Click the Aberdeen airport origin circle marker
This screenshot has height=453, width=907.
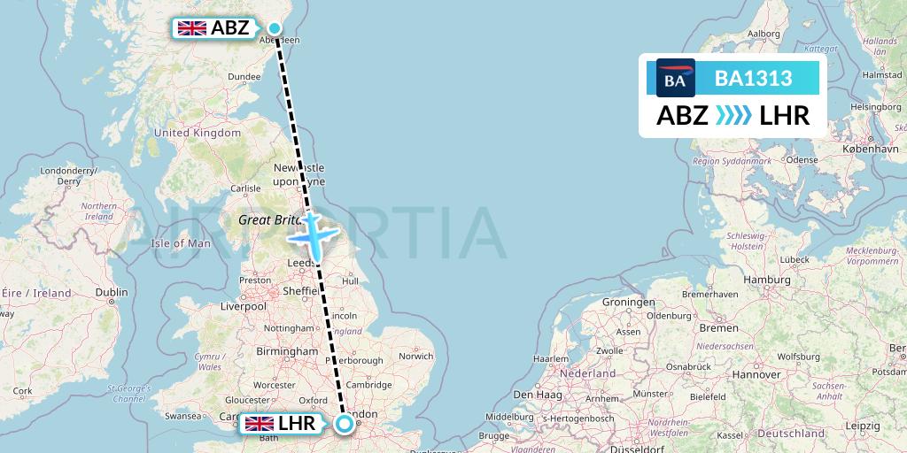pyautogui.click(x=275, y=28)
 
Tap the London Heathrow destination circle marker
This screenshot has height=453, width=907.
pyautogui.click(x=344, y=424)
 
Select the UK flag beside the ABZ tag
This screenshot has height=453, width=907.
pyautogui.click(x=192, y=28)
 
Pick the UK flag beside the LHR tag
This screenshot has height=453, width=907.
pyautogui.click(x=260, y=424)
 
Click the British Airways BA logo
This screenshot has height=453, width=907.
pyautogui.click(x=676, y=80)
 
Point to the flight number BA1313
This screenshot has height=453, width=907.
pyautogui.click(x=753, y=79)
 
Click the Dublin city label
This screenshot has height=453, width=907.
pyautogui.click(x=111, y=293)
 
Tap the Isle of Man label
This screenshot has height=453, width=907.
pyautogui.click(x=181, y=243)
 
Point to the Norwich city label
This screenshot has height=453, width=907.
pyautogui.click(x=415, y=357)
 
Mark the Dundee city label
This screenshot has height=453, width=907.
pyautogui.click(x=244, y=77)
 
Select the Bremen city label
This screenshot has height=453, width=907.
pyautogui.click(x=717, y=327)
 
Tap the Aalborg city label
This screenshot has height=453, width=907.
pyautogui.click(x=764, y=34)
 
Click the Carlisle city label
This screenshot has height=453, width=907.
pyautogui.click(x=245, y=188)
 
